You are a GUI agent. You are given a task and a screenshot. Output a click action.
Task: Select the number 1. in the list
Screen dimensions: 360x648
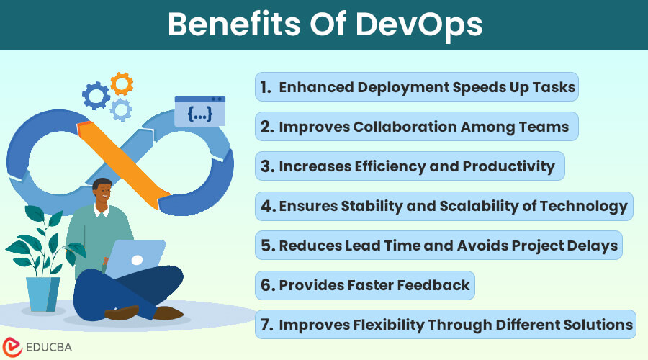pyautogui.click(x=266, y=88)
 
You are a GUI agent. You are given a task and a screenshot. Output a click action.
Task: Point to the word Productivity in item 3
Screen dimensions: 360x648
pyautogui.click(x=506, y=167)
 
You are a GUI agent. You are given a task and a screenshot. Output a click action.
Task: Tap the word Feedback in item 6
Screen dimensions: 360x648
pyautogui.click(x=434, y=285)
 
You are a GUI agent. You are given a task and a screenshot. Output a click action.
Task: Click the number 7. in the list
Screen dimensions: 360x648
pyautogui.click(x=266, y=325)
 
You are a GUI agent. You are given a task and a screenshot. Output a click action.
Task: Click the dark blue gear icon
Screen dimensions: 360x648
pyautogui.click(x=96, y=95)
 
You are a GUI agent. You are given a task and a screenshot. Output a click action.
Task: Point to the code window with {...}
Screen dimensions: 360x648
pyautogui.click(x=199, y=111)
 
